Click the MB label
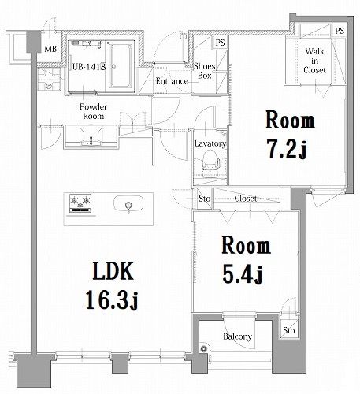pyautogui.click(x=50, y=50)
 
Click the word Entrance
pyautogui.click(x=171, y=81)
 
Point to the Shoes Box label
pyautogui.click(x=206, y=72)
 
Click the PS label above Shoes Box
pyautogui.click(x=221, y=42)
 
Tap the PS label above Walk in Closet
pyautogui.click(x=340, y=31)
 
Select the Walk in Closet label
pyautogui.click(x=314, y=59)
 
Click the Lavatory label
pyautogui.click(x=210, y=143)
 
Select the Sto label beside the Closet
pyautogui.click(x=204, y=199)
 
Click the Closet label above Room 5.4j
pyautogui.click(x=245, y=199)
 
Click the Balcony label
pyautogui.click(x=237, y=337)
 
